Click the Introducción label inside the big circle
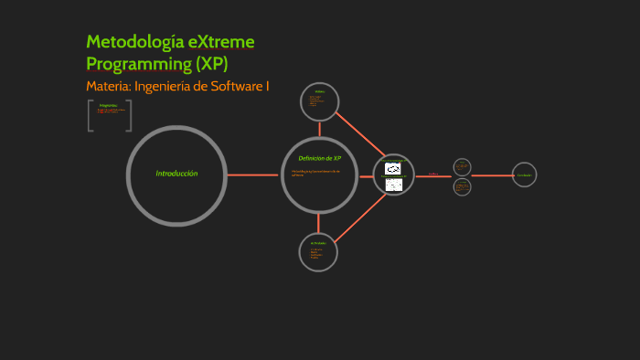176,174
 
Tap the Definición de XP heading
319,158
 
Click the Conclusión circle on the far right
524,175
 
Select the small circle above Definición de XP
319,101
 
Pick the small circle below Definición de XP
318,251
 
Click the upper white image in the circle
393,168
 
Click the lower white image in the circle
394,185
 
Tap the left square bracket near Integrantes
90,116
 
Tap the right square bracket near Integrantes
129,116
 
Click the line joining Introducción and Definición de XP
253,174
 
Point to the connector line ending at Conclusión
492,175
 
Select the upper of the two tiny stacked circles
462,166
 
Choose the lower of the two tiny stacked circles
462,185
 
